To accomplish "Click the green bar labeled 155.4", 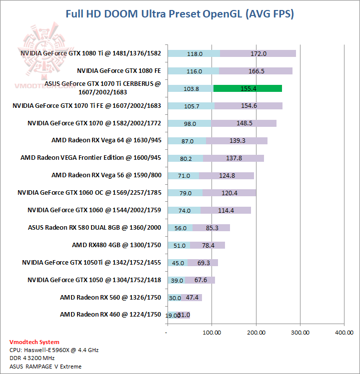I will click(x=247, y=88).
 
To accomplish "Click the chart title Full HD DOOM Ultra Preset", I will click(x=179, y=13).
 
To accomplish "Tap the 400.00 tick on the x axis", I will click(x=344, y=332).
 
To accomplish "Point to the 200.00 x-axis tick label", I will click(x=255, y=332).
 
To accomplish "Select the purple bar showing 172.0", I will click(x=258, y=53).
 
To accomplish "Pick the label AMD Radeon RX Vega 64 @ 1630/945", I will click(x=106, y=140).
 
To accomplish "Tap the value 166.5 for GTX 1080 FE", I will click(x=256, y=71).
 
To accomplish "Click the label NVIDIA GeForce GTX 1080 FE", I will click(x=118, y=71).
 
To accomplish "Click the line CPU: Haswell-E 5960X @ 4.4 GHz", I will click(x=54, y=350).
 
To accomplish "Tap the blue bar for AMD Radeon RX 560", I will click(x=174, y=298).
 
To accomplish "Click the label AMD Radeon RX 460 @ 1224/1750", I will click(x=110, y=315).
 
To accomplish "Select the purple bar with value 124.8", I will click(x=226, y=175).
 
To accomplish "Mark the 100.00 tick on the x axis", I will click(x=211, y=332).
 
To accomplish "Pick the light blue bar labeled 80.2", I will click(x=185, y=158).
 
